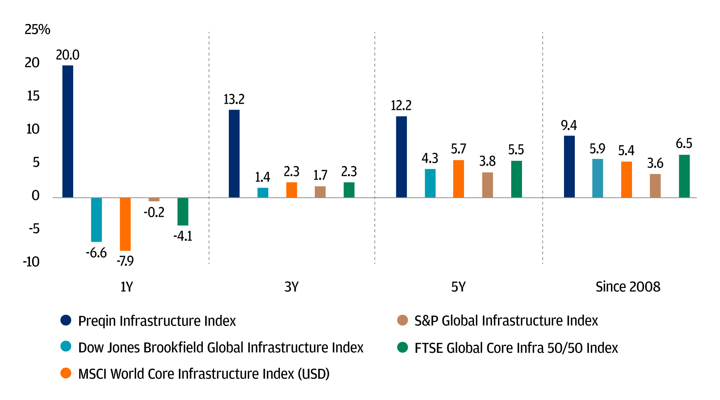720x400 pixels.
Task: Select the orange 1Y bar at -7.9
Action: [125, 224]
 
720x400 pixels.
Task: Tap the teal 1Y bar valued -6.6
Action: [96, 220]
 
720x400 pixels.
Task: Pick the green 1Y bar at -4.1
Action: [183, 212]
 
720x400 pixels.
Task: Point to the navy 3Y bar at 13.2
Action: [234, 154]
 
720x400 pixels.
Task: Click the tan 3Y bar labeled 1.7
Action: [320, 192]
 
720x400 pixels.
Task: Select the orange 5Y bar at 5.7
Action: [458, 179]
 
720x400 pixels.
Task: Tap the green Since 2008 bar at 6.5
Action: [684, 176]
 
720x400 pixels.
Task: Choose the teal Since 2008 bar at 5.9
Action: [598, 178]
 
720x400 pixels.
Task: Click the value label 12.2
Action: [401, 106]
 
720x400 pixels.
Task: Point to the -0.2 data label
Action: [154, 212]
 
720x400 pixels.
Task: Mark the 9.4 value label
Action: [569, 126]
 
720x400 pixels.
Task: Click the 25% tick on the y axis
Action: [37, 30]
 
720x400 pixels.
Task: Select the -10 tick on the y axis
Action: [31, 262]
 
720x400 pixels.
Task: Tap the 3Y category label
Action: [292, 287]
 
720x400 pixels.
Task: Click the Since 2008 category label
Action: [628, 287]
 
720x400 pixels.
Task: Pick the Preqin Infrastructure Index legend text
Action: [157, 321]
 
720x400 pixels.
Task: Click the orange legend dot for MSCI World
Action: [66, 374]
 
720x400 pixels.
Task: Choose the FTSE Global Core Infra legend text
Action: [516, 348]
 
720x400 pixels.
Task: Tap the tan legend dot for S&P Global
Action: [402, 320]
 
